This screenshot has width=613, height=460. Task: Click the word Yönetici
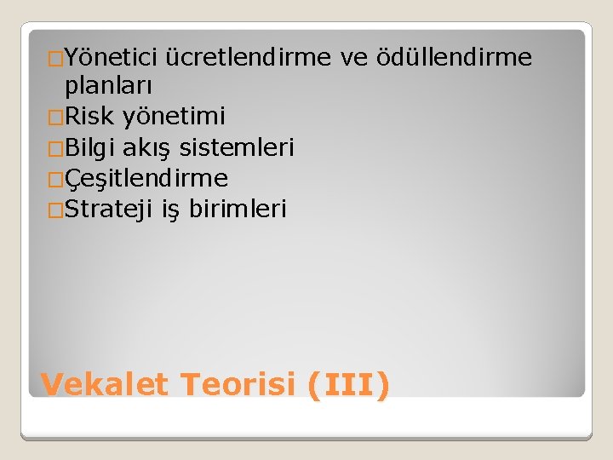click(x=112, y=58)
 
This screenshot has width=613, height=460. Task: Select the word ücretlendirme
click(x=251, y=58)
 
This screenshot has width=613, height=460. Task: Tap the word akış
click(x=151, y=148)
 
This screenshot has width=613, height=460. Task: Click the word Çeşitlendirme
click(x=146, y=179)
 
